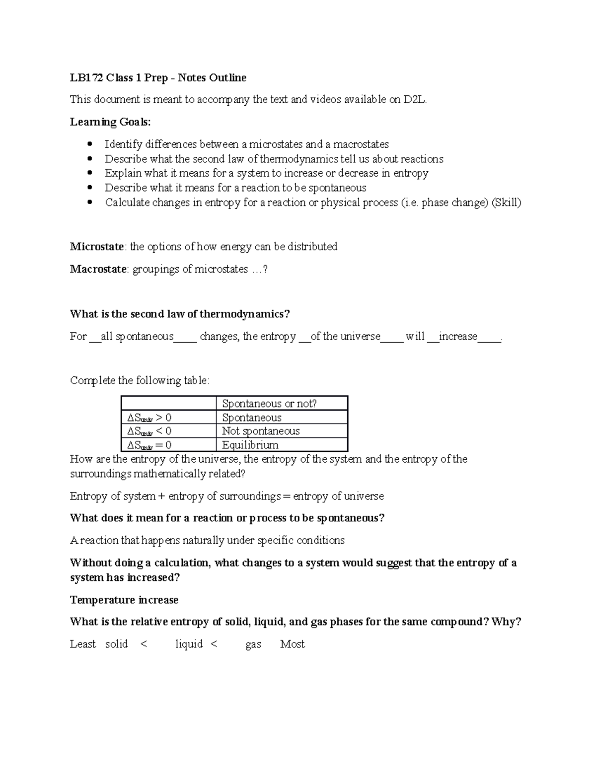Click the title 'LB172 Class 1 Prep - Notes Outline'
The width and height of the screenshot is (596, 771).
[x=158, y=78]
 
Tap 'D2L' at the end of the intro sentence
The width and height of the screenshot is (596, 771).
[x=414, y=100]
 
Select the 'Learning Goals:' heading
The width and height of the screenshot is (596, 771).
[x=110, y=122]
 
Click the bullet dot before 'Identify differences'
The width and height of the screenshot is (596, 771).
[x=90, y=144]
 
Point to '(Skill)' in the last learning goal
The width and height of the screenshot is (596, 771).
[x=506, y=203]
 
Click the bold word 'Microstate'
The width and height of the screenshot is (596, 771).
[x=97, y=247]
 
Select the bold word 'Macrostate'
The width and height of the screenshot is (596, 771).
[x=98, y=269]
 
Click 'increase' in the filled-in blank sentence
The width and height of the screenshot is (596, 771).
[x=457, y=337]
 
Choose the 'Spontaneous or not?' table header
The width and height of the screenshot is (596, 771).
[x=269, y=404]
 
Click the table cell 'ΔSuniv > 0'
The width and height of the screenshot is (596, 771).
[x=149, y=418]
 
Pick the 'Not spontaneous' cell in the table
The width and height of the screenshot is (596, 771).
[x=261, y=431]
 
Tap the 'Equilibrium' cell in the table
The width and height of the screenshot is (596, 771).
[x=250, y=445]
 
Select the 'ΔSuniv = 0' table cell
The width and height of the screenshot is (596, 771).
[x=149, y=445]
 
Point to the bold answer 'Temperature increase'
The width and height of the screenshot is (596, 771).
[x=124, y=600]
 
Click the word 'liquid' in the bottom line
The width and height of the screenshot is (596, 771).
[x=189, y=644]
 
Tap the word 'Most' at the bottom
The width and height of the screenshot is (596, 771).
[x=292, y=644]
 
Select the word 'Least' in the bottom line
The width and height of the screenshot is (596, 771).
[x=82, y=644]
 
